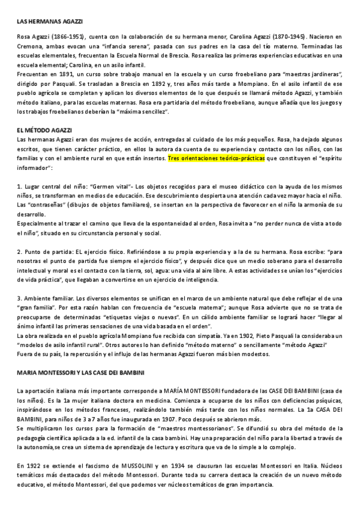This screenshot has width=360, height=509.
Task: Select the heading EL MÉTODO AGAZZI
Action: [x=45, y=130]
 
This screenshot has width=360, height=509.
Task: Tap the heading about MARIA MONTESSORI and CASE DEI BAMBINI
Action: [x=84, y=373]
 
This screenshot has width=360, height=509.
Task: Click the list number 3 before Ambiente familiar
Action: [x=20, y=298]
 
